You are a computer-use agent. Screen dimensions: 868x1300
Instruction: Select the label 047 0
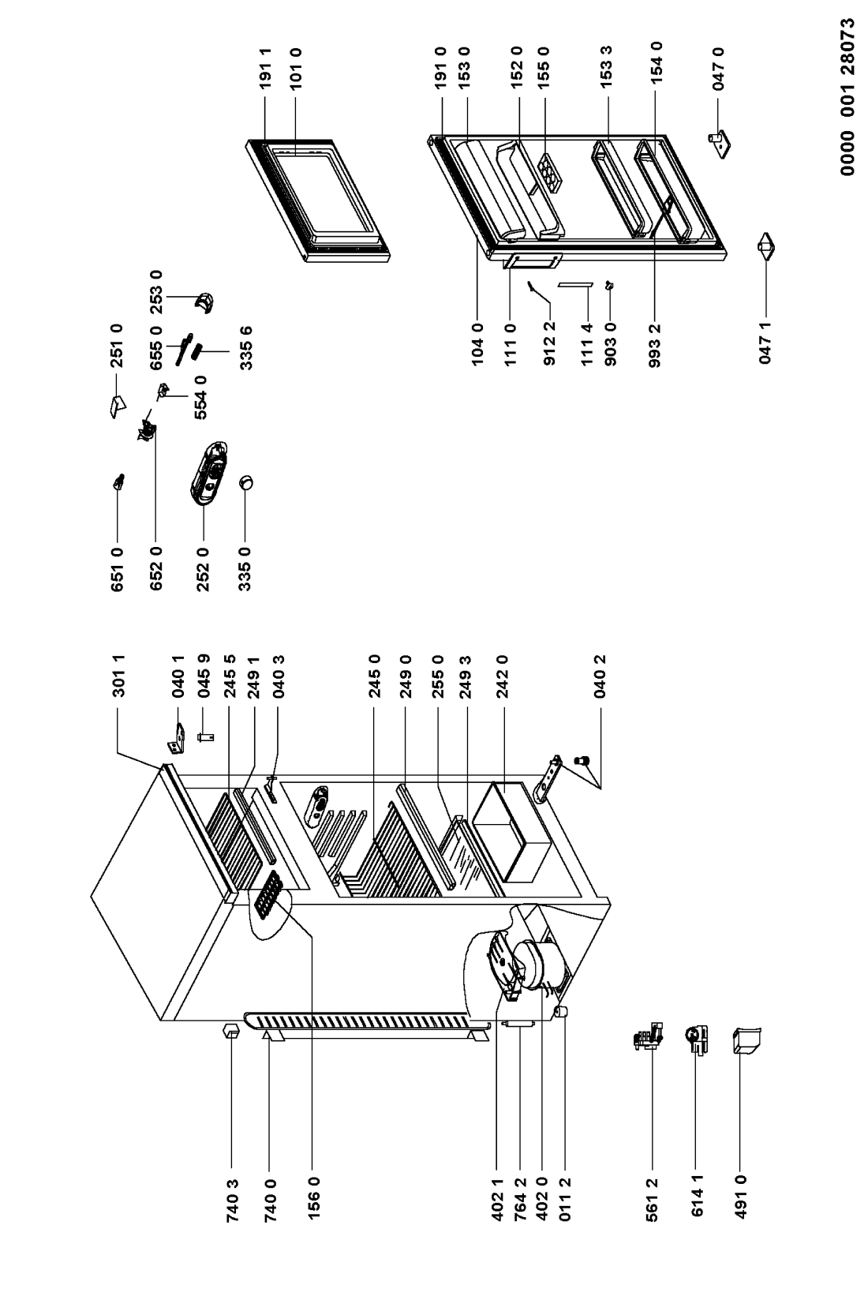coord(718,69)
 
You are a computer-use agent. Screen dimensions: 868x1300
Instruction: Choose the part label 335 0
coord(245,570)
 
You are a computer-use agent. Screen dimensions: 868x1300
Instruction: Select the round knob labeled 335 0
coord(245,482)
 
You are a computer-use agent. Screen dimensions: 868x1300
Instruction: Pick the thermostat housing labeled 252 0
coord(208,473)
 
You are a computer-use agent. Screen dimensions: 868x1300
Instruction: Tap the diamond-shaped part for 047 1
coord(766,246)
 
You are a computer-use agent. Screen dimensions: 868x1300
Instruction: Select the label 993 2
coord(655,346)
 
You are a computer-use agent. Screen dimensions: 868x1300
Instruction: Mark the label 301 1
coord(118,676)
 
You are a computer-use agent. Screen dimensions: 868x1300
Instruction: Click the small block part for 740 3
coord(231,1031)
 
